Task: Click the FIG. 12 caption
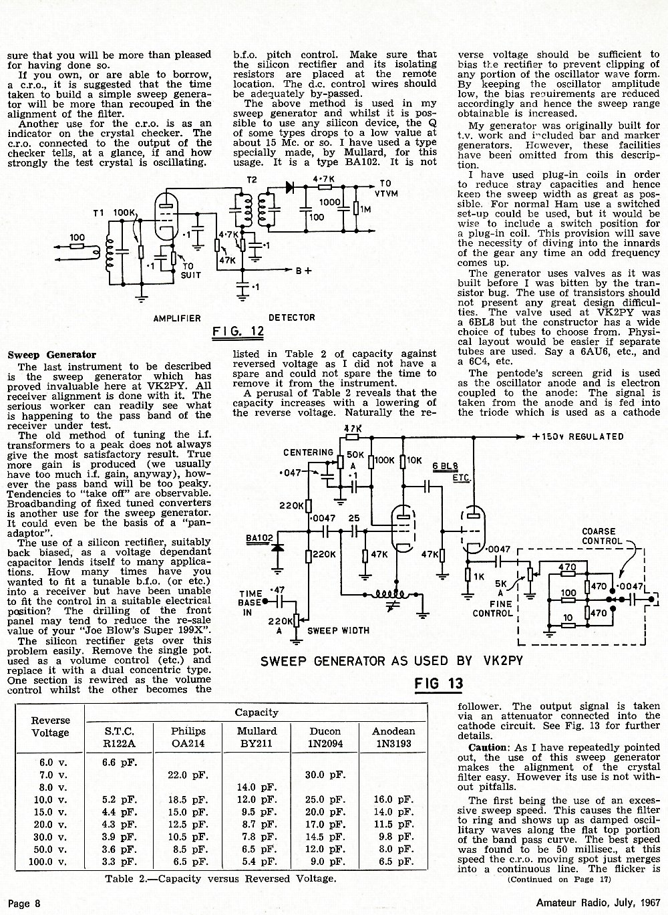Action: (x=238, y=331)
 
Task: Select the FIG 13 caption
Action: (x=438, y=683)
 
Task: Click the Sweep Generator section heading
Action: (x=52, y=354)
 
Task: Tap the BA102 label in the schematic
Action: (x=259, y=538)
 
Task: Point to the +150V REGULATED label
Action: (x=578, y=436)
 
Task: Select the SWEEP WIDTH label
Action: (x=338, y=631)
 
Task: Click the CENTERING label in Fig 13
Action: (x=308, y=452)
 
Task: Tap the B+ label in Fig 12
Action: (x=304, y=271)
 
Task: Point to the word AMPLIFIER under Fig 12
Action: (x=177, y=318)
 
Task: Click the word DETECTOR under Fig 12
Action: (x=291, y=317)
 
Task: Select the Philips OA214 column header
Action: (x=188, y=737)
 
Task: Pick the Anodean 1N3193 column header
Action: (x=393, y=737)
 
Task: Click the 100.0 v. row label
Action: (x=47, y=862)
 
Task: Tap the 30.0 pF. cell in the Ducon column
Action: (x=325, y=775)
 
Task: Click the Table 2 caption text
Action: (x=220, y=879)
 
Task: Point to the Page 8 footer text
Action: (x=24, y=903)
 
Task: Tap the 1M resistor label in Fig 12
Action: (x=365, y=210)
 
